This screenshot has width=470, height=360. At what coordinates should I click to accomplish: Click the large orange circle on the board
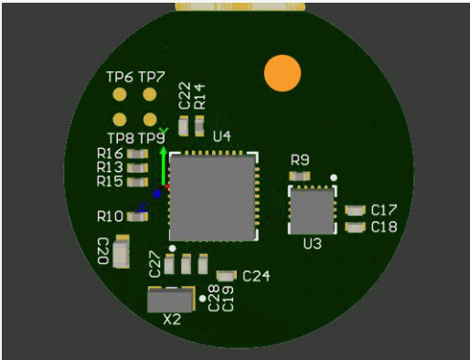click(282, 73)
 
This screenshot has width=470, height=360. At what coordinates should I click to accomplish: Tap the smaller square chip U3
click(312, 211)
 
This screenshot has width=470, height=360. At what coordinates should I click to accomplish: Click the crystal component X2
click(171, 301)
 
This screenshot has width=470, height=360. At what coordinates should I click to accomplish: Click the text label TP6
click(120, 77)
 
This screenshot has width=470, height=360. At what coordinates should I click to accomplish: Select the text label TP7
click(151, 77)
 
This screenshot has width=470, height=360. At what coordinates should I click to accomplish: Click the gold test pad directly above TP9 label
click(149, 119)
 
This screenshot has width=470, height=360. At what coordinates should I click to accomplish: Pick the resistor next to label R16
click(138, 154)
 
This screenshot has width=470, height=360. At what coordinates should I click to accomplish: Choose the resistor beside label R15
click(138, 181)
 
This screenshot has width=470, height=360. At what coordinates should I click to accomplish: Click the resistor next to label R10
click(138, 217)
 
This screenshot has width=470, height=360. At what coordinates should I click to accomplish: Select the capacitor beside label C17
click(355, 211)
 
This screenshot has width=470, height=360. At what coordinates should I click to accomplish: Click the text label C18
click(384, 227)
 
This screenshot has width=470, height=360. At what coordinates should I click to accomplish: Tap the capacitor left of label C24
click(226, 275)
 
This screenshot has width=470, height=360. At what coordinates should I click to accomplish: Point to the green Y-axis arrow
click(163, 160)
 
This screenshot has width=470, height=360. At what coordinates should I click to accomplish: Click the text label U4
click(221, 137)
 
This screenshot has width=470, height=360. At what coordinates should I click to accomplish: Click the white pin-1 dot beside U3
click(334, 177)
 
